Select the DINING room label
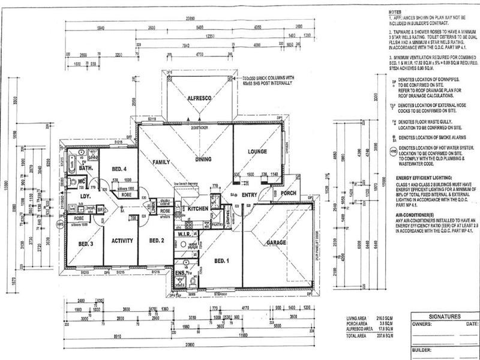tap(206, 159)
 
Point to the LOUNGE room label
tap(256, 152)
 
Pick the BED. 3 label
tap(86, 244)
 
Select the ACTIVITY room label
tap(122, 241)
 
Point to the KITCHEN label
tap(197, 208)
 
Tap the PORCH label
tap(288, 193)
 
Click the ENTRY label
tap(249, 195)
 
